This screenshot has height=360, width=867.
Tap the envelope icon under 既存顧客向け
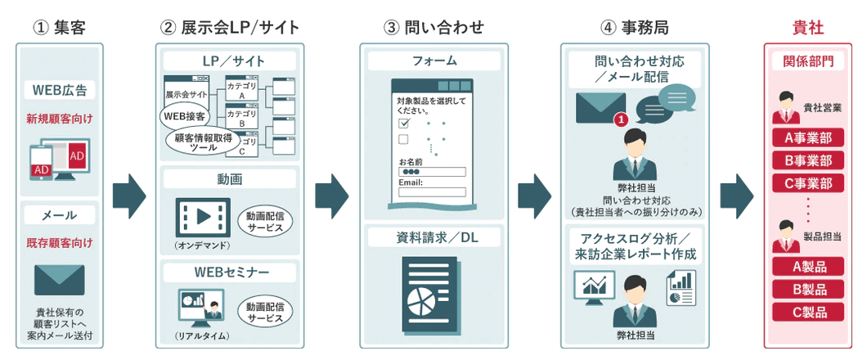click(59, 280)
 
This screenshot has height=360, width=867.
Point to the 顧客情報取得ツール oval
click(203, 142)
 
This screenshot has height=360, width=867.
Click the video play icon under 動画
click(203, 218)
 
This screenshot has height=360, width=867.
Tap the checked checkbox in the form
click(403, 122)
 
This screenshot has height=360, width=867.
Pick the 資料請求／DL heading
click(433, 237)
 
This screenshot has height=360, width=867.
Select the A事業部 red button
click(808, 137)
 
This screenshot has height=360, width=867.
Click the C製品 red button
click(808, 312)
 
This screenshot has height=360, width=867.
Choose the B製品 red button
click(808, 289)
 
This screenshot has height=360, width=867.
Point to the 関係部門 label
click(808, 61)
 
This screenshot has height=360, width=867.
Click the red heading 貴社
click(808, 28)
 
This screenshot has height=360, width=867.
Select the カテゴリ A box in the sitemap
click(241, 88)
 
